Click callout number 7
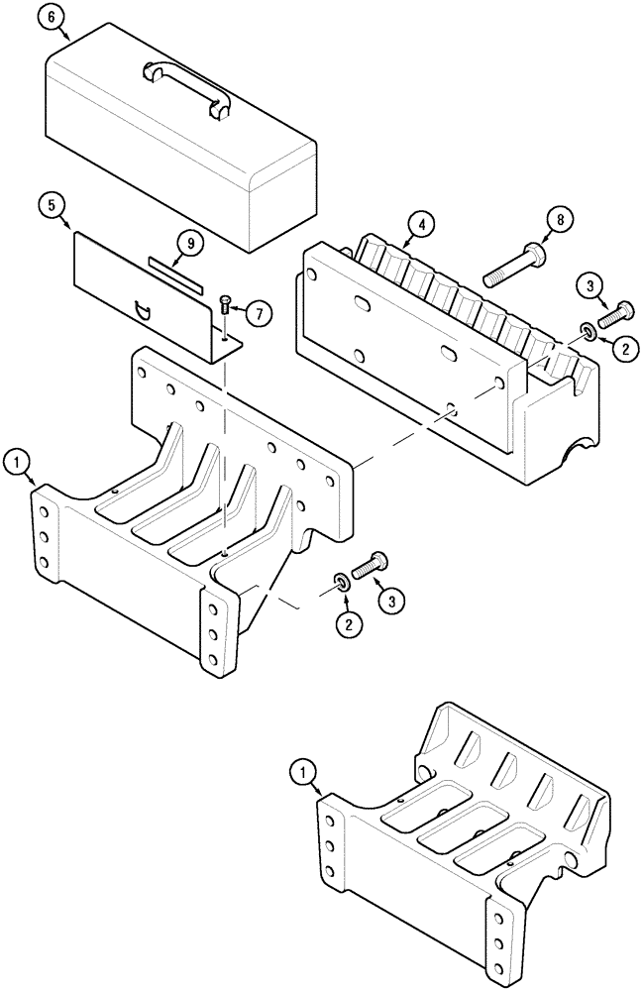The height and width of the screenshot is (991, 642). pos(257,314)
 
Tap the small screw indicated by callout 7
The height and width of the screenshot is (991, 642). pos(226,303)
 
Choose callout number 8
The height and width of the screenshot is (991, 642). pos(562,220)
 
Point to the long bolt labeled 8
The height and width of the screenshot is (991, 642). pos(516,259)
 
